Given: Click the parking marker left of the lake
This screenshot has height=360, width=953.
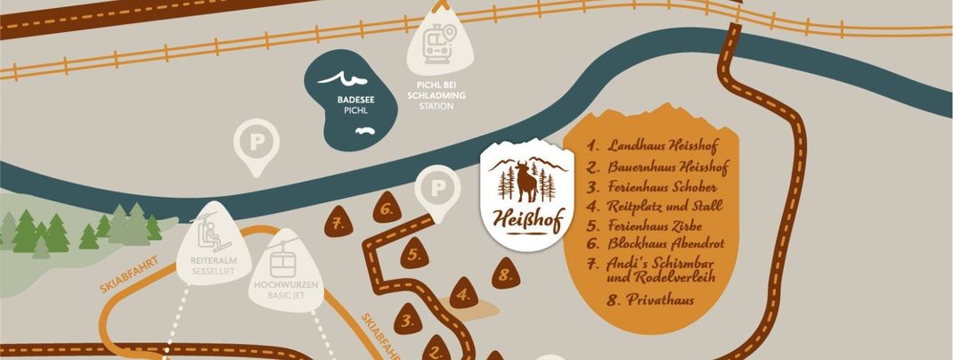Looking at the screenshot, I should [x=256, y=143].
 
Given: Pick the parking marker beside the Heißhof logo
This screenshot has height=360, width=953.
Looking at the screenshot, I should [x=437, y=190].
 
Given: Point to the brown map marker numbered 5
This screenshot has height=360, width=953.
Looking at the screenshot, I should [x=413, y=254].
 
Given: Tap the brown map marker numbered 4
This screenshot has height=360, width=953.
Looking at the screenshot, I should [x=463, y=292].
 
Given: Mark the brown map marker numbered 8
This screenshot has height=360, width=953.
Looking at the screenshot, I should [x=506, y=274].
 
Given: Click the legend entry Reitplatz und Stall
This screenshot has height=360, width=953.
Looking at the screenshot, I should [x=654, y=206].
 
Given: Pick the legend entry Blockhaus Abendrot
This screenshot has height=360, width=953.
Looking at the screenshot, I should [x=653, y=243].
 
